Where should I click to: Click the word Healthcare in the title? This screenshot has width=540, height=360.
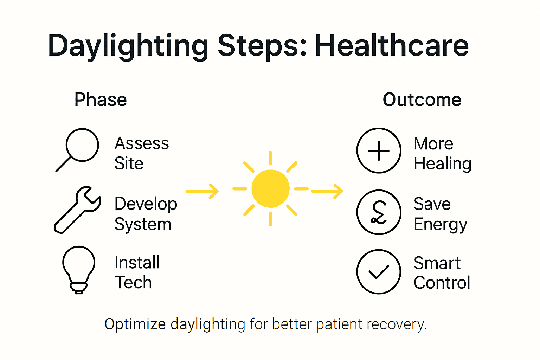392,46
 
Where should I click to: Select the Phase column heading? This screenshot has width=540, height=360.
101,100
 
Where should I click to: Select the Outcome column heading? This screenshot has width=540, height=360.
422,100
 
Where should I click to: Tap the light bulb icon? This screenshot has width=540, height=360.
79,269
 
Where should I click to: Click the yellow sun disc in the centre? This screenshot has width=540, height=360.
270,189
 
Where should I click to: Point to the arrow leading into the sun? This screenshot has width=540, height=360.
202,191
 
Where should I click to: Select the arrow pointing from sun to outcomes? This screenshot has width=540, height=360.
327,191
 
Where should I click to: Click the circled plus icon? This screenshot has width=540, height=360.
379,150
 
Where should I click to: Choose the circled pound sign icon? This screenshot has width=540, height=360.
379,212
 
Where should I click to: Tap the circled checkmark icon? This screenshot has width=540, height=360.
379,271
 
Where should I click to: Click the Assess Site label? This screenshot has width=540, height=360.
142,153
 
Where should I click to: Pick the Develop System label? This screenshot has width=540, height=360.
146,214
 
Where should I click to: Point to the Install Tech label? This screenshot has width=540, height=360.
137,272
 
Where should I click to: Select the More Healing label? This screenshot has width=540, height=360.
442,153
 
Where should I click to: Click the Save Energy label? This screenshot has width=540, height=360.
440,214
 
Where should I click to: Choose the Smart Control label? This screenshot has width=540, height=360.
442,273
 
